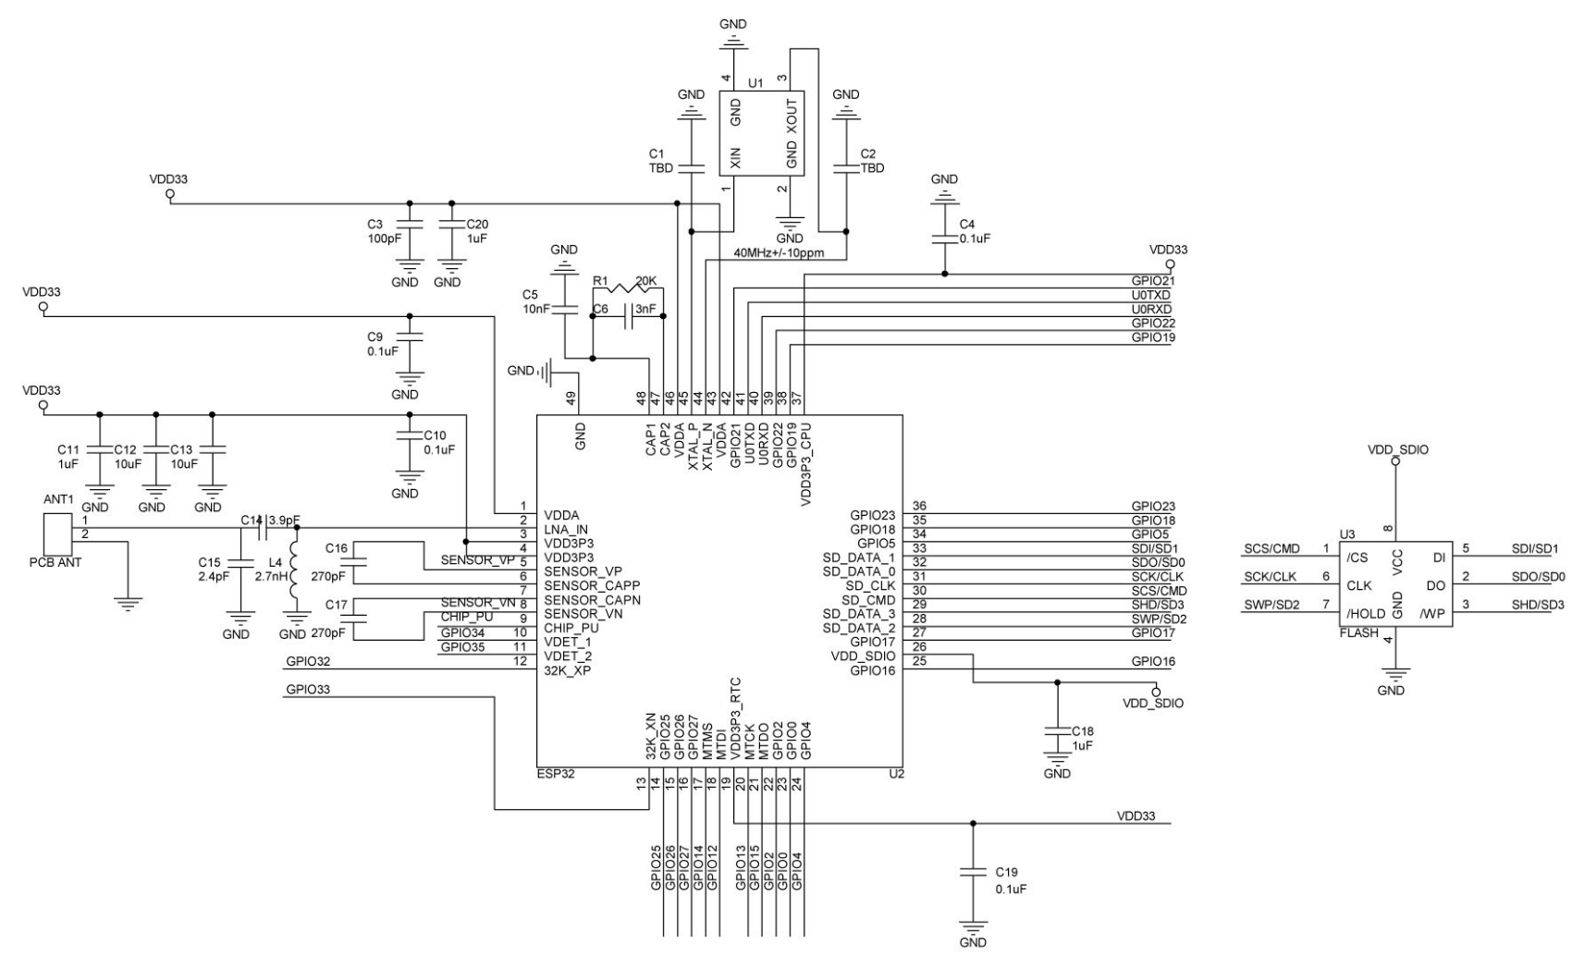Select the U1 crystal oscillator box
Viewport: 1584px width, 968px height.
click(761, 132)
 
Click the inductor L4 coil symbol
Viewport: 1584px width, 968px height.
click(296, 573)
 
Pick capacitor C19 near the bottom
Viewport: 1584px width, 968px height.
click(972, 872)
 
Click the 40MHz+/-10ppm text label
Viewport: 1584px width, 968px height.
click(780, 252)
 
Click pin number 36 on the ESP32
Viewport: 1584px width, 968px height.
click(919, 506)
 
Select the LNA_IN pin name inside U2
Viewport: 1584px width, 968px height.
click(566, 530)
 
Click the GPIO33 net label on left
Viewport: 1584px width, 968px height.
click(308, 689)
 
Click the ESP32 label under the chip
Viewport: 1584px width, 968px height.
click(556, 774)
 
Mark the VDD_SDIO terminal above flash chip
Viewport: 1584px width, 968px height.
click(1395, 459)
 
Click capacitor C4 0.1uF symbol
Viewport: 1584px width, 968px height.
click(944, 238)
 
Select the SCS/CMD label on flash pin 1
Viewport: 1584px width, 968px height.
click(1271, 549)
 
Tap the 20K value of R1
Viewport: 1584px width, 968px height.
click(646, 280)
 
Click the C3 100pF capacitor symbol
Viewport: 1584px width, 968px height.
click(410, 224)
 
